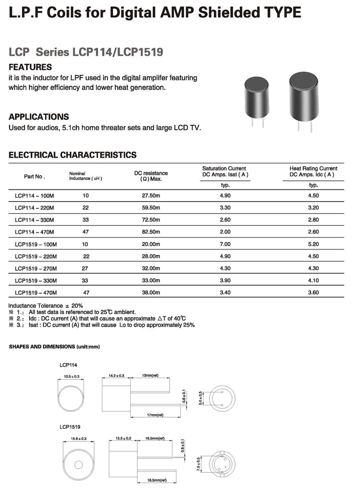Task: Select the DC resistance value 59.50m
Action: [151, 207]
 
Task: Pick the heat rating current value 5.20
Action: [314, 244]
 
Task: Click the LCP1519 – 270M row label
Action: [36, 269]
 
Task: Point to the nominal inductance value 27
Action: [86, 269]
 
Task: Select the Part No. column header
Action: [34, 177]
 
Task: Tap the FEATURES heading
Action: [30, 67]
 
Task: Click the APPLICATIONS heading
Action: [39, 117]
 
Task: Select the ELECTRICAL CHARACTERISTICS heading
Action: [73, 155]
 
